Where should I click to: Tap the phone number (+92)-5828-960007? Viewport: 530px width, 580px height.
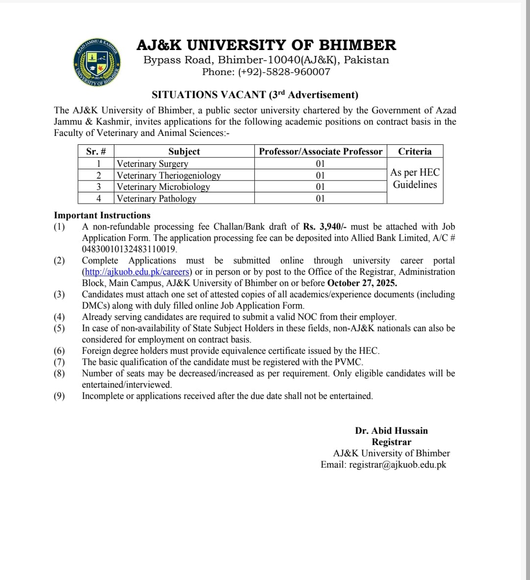[x=284, y=72]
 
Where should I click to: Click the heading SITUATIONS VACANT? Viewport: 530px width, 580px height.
[x=209, y=95]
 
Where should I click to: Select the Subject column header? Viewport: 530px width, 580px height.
[x=184, y=152]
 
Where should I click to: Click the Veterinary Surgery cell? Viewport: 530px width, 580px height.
[x=153, y=164]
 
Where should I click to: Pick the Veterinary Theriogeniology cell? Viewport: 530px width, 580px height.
[x=169, y=176]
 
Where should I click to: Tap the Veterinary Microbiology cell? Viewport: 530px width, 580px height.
[x=163, y=187]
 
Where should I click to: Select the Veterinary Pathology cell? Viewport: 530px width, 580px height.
[x=157, y=199]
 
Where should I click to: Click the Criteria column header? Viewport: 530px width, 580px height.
[x=415, y=152]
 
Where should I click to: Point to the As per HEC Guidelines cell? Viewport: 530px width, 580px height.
[x=415, y=179]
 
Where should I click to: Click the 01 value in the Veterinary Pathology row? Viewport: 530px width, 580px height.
[x=320, y=199]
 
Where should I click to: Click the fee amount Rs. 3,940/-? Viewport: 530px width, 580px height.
[x=325, y=227]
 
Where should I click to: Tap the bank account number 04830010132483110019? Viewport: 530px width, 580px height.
[x=129, y=249]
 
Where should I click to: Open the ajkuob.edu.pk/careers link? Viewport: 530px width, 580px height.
[x=137, y=272]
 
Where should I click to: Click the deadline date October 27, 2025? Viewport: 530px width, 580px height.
[x=362, y=283]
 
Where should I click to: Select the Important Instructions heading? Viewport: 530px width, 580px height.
[x=102, y=215]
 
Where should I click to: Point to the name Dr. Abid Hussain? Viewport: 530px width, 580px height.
[x=391, y=431]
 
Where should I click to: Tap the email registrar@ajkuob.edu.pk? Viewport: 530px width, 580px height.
[x=397, y=465]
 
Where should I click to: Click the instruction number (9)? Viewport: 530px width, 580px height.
[x=59, y=396]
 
